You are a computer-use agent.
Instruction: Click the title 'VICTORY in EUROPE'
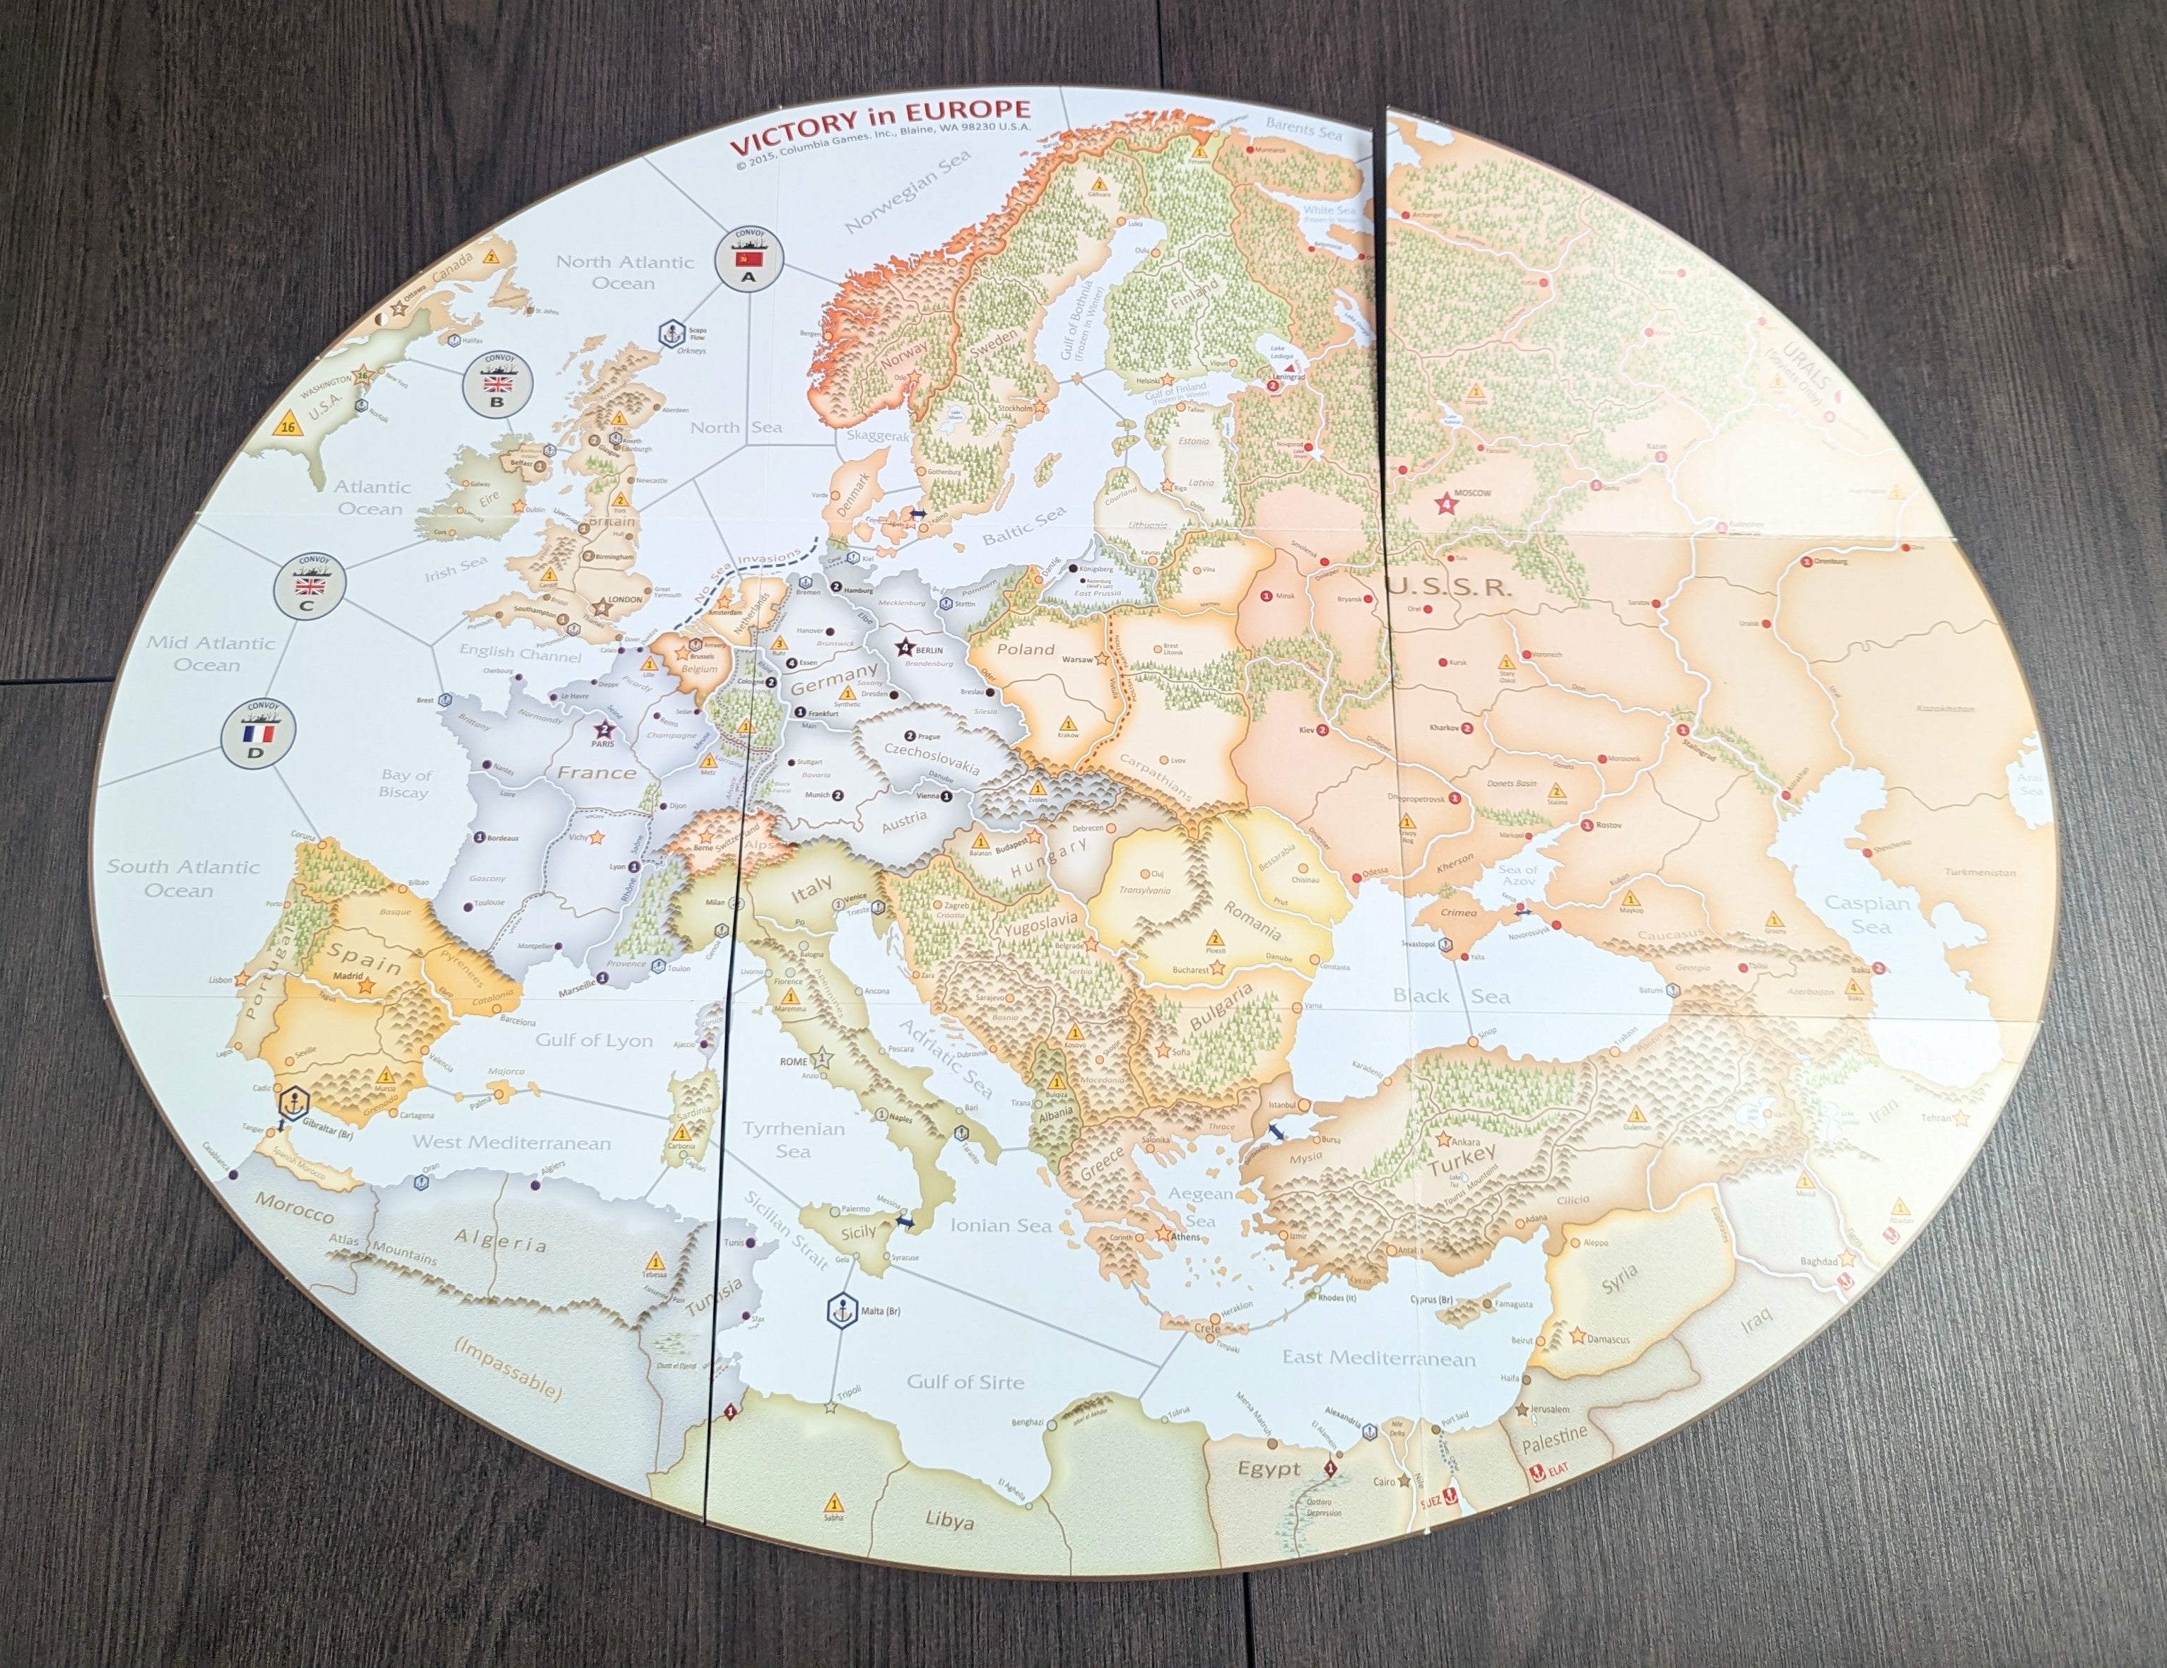click(880, 126)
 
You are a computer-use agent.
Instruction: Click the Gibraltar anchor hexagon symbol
click(293, 1103)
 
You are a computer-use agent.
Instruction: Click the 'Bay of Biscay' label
click(405, 783)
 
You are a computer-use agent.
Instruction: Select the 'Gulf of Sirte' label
click(965, 1381)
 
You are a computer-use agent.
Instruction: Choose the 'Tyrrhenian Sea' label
click(793, 1140)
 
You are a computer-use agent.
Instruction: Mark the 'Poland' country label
click(1025, 650)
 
